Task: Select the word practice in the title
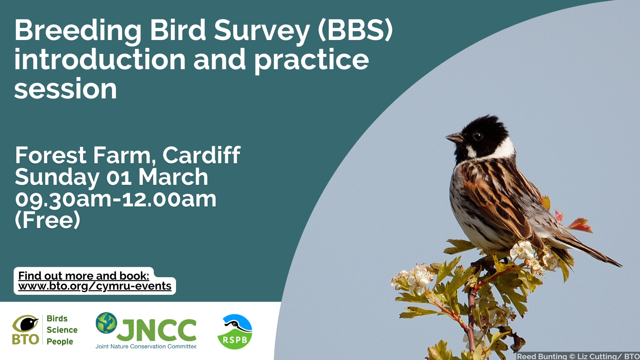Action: click(311, 61)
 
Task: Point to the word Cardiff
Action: click(202, 155)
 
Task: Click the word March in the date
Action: click(173, 177)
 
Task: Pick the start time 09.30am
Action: click(63, 199)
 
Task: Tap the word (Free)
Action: click(48, 220)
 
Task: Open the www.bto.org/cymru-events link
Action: click(94, 286)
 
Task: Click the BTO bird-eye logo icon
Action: click(26, 330)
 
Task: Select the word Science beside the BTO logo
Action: click(62, 330)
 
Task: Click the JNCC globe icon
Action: click(106, 323)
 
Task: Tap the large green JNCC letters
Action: click(156, 330)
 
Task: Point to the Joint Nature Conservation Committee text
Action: click(146, 346)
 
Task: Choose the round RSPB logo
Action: click(235, 332)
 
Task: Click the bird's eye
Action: click(478, 136)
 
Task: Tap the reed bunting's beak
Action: click(454, 138)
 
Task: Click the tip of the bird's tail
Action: click(621, 266)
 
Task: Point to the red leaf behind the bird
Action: click(580, 225)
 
